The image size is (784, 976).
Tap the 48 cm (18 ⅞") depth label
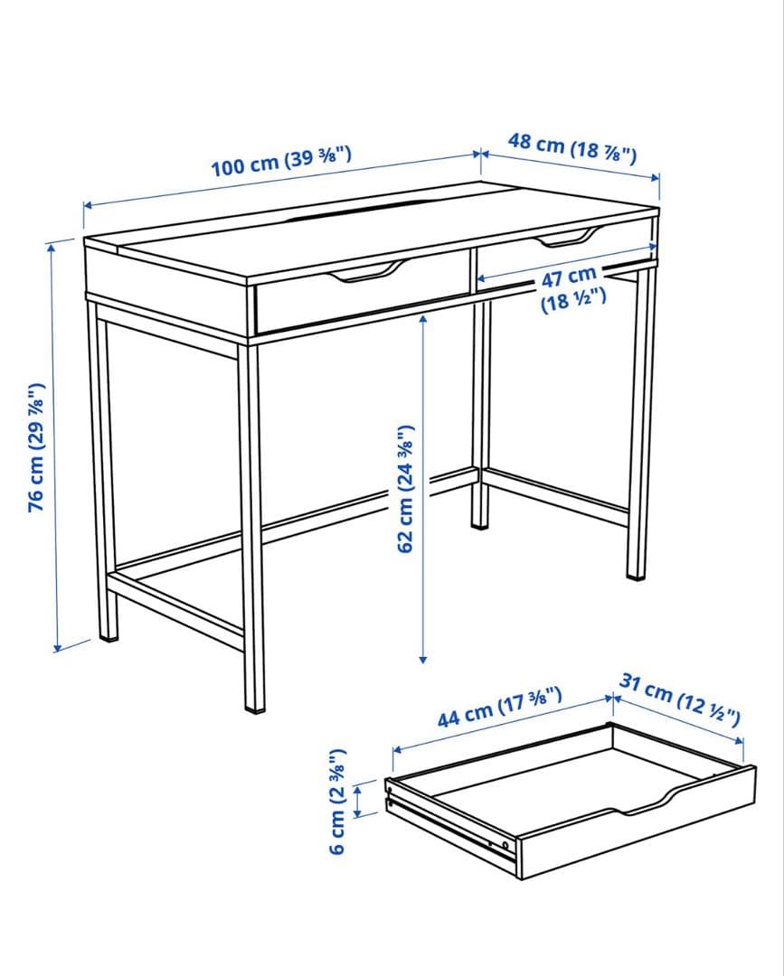click(x=572, y=148)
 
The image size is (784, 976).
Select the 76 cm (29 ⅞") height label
click(x=37, y=447)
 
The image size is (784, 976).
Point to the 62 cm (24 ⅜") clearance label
click(x=405, y=489)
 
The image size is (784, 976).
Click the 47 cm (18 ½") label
click(x=571, y=288)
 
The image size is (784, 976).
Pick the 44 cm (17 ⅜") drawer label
click(x=499, y=707)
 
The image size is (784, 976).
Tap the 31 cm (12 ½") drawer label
click(x=680, y=699)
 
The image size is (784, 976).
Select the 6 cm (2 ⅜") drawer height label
click(x=337, y=801)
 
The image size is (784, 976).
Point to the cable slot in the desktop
click(x=360, y=210)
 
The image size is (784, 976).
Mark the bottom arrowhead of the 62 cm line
click(x=423, y=659)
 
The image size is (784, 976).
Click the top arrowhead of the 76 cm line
click(x=51, y=247)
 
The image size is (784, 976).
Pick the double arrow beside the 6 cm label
click(x=358, y=801)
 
